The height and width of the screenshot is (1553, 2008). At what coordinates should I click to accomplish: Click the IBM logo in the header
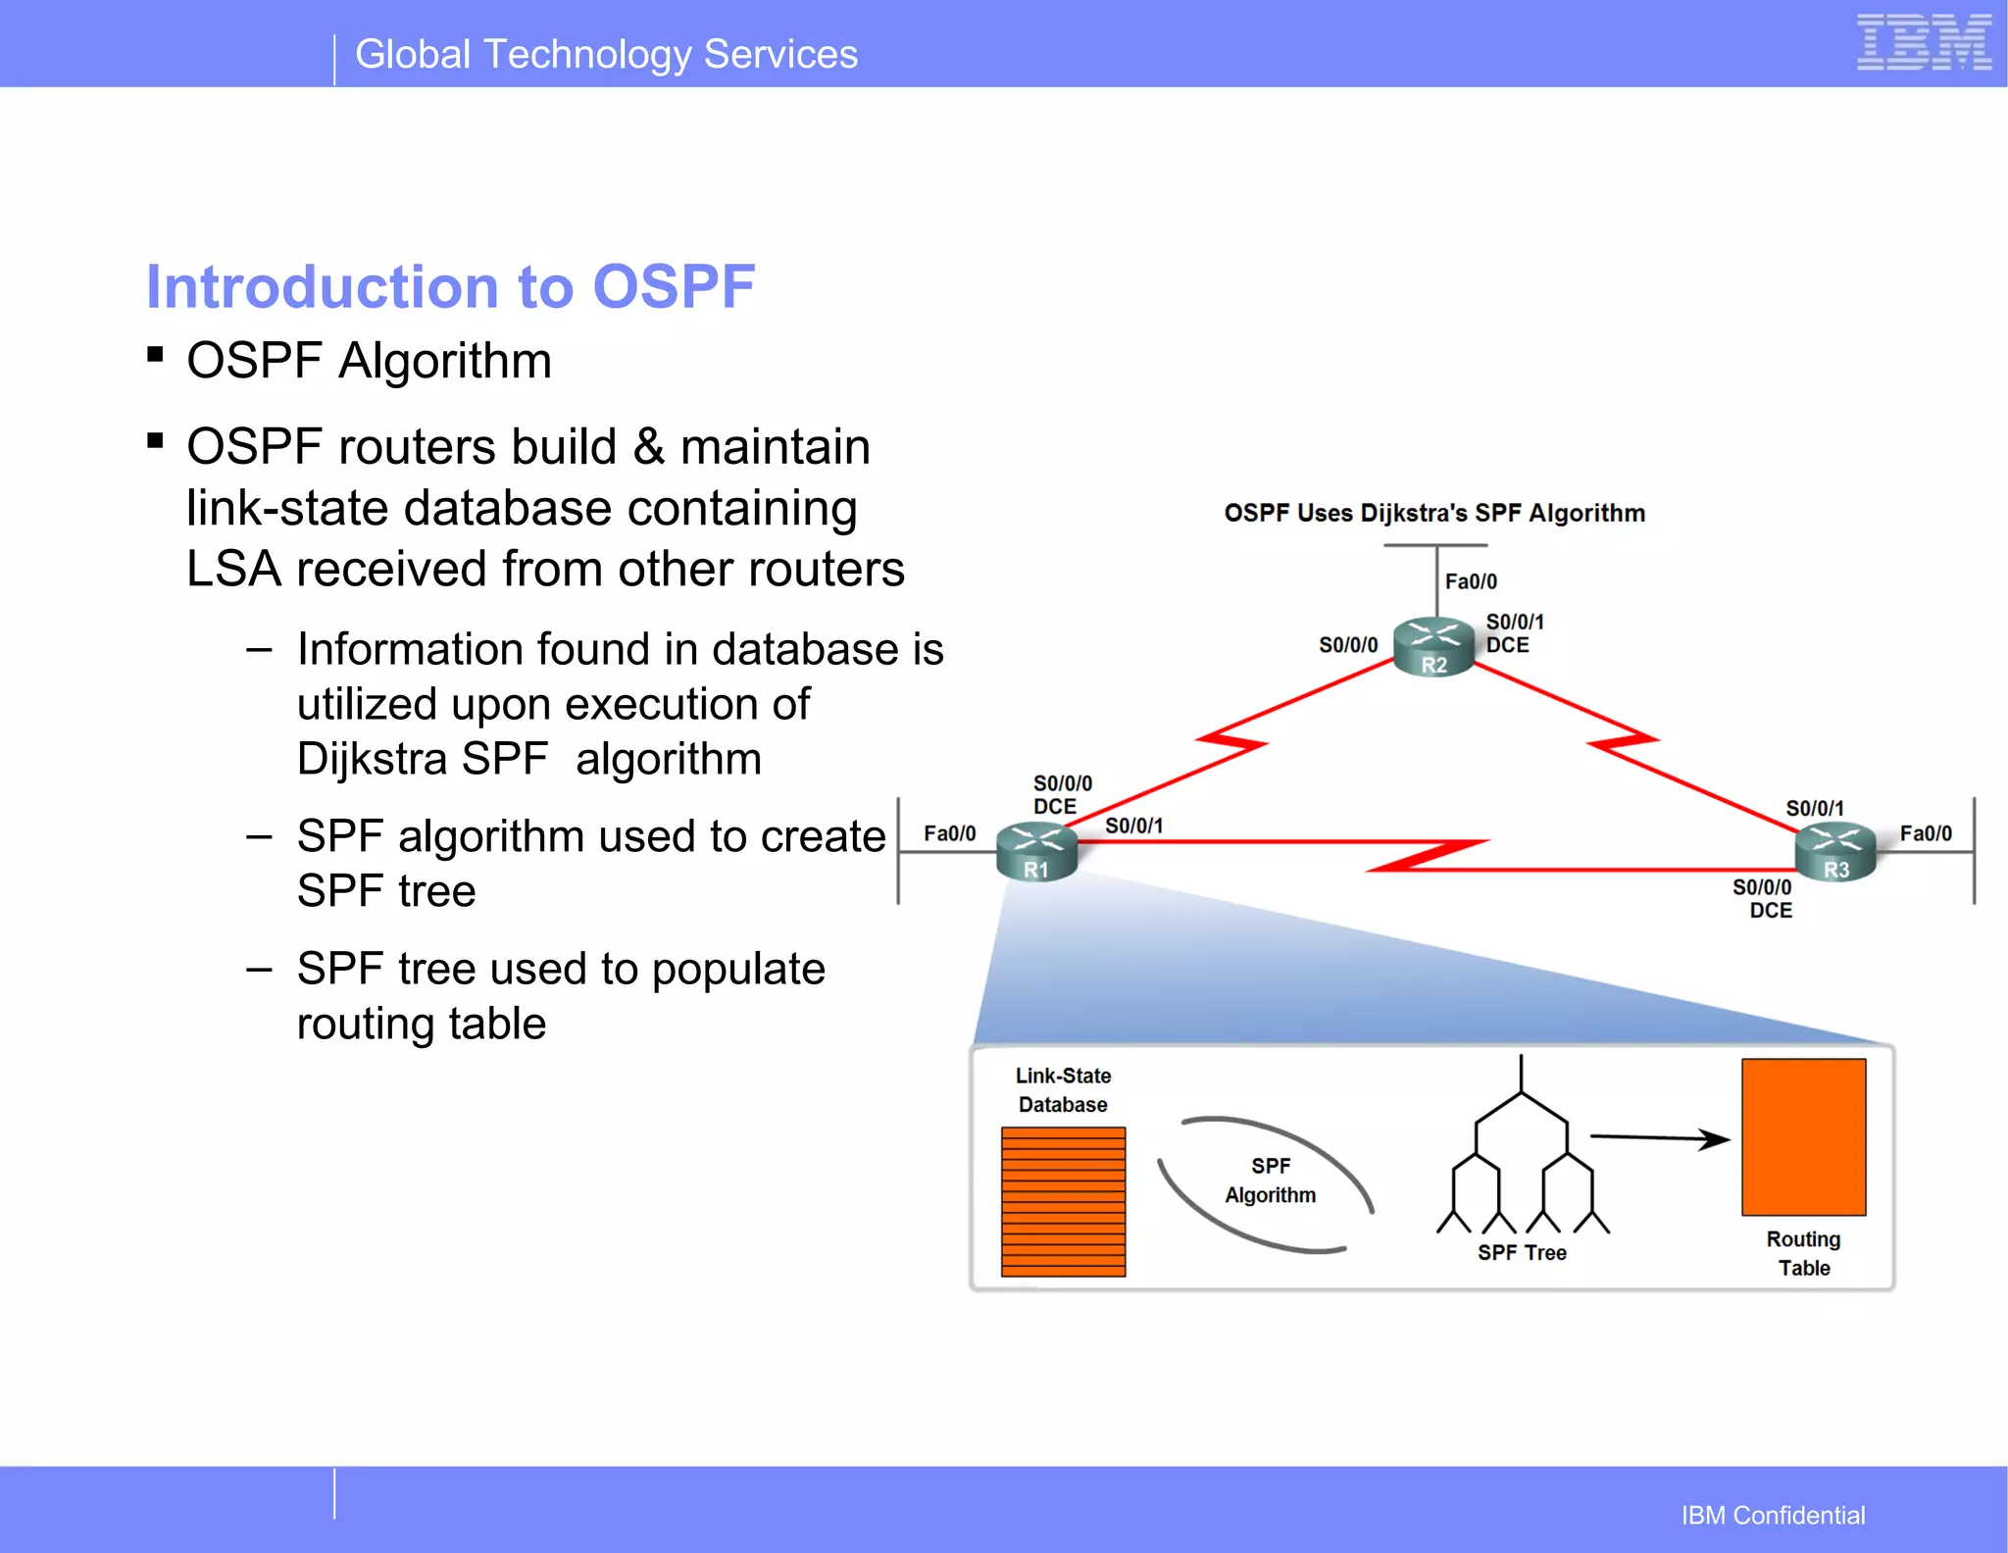pyautogui.click(x=1923, y=43)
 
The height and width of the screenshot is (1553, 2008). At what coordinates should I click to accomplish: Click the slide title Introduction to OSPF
pyautogui.click(x=450, y=286)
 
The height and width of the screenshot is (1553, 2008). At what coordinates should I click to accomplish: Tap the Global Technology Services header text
pyautogui.click(x=606, y=54)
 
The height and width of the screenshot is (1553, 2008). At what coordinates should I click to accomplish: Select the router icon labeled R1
pyautogui.click(x=1036, y=851)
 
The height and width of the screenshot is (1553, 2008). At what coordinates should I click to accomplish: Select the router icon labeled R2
pyautogui.click(x=1433, y=646)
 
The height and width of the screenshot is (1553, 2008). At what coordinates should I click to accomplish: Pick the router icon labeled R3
pyautogui.click(x=1834, y=851)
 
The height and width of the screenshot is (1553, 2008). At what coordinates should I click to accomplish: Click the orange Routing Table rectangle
pyautogui.click(x=1803, y=1136)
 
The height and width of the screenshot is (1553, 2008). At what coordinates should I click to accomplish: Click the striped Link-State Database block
pyautogui.click(x=1063, y=1201)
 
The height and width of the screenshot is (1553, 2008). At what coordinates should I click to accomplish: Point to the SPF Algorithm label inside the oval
pyautogui.click(x=1270, y=1179)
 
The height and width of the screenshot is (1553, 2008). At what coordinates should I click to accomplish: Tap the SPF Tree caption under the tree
pyautogui.click(x=1522, y=1252)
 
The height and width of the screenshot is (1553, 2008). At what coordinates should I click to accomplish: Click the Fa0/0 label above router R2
pyautogui.click(x=1471, y=581)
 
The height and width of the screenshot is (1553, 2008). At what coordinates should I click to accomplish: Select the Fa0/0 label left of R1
pyautogui.click(x=949, y=833)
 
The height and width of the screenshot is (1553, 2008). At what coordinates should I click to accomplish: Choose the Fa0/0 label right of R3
pyautogui.click(x=1926, y=833)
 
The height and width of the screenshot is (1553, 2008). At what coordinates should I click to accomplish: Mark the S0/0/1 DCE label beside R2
pyautogui.click(x=1514, y=633)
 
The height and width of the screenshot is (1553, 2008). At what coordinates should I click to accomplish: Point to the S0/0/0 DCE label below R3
pyautogui.click(x=1763, y=898)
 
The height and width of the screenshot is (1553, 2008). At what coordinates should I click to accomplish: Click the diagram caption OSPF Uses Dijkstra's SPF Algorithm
pyautogui.click(x=1434, y=513)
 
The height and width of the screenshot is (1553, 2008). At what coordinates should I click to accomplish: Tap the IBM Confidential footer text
pyautogui.click(x=1773, y=1515)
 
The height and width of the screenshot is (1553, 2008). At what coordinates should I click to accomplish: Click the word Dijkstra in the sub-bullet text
pyautogui.click(x=373, y=759)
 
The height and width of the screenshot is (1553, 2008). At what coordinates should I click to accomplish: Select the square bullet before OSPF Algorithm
pyautogui.click(x=155, y=354)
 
